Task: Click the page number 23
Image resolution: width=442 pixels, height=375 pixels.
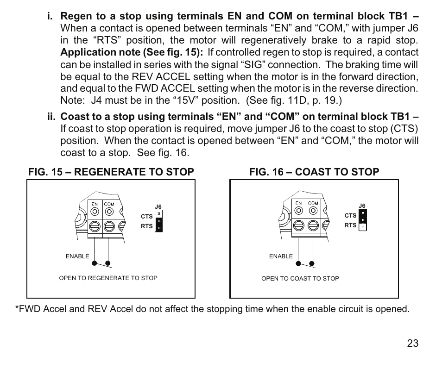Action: (413, 344)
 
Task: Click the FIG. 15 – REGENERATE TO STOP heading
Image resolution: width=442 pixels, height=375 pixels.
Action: (111, 172)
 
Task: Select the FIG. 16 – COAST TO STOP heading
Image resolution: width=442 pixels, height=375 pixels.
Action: (314, 172)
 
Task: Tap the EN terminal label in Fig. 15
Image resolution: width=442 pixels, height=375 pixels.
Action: (94, 204)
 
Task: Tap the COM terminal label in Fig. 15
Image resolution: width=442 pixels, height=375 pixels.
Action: (109, 204)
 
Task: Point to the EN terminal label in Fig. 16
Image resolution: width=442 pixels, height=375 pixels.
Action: (299, 203)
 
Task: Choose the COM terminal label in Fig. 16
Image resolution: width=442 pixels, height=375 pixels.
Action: (313, 203)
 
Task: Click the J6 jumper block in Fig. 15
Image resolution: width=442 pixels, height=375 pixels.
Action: (158, 221)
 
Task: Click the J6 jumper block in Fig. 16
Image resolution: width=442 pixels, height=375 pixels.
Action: (363, 220)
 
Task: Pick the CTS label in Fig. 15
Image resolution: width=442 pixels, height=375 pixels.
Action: (146, 216)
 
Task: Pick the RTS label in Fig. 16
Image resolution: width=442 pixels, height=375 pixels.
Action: (351, 225)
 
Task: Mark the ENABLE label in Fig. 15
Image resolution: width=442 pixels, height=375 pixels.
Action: (77, 256)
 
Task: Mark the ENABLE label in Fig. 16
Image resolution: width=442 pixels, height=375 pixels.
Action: (281, 256)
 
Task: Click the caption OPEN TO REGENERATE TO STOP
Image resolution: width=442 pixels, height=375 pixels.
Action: (108, 278)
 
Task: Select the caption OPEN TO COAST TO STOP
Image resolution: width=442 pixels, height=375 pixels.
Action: (300, 279)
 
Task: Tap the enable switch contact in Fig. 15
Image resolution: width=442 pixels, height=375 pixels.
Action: (101, 263)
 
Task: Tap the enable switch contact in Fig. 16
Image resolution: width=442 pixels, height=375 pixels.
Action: (305, 263)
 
